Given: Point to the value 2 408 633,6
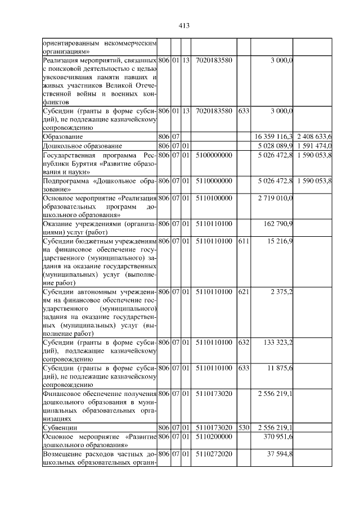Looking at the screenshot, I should tap(313, 136).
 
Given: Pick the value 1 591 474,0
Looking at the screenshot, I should tap(313, 146).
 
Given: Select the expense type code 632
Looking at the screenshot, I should tap(244, 342).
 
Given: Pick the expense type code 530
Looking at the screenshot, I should tap(244, 427).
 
